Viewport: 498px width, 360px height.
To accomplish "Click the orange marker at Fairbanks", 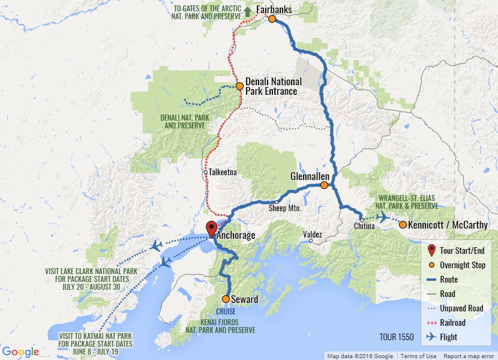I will (x=272, y=19).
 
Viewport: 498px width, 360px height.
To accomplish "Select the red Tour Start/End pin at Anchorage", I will (x=211, y=229).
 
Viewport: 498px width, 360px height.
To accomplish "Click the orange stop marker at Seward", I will (x=226, y=299).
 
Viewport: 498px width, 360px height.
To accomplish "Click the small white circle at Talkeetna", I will (x=205, y=172).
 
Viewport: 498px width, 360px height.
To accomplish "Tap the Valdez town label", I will (x=313, y=235).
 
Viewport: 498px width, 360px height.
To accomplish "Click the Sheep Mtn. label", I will (x=284, y=209).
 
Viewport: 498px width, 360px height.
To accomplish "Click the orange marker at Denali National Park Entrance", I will (x=239, y=86).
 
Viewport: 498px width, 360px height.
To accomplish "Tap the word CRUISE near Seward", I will (x=226, y=312).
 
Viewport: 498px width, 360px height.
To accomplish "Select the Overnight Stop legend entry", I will (x=463, y=265).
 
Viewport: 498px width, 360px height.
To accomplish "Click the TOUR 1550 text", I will (x=397, y=337).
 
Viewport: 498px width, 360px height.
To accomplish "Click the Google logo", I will (x=20, y=352).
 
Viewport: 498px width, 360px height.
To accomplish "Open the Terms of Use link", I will (x=418, y=356).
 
